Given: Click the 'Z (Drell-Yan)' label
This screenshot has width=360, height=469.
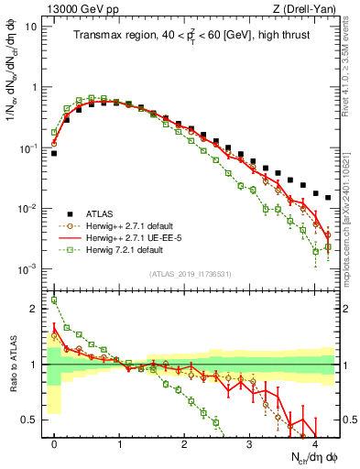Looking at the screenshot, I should [x=308, y=9].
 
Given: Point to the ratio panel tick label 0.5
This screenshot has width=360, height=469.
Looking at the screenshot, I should [x=34, y=420].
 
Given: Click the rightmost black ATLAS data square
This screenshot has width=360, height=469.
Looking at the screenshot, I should [x=328, y=197].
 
